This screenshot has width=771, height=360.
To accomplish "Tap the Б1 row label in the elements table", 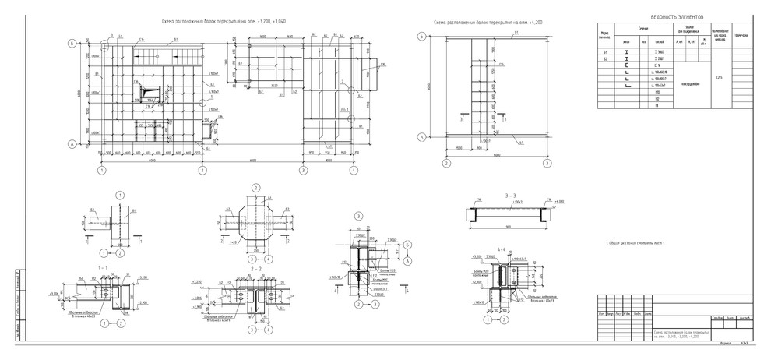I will coord(604,51).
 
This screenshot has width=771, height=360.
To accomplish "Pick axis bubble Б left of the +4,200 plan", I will coord(421,37).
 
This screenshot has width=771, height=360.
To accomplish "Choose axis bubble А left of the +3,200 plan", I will coord(72,144).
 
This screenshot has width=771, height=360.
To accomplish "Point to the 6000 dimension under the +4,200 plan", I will coord(495,155).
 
